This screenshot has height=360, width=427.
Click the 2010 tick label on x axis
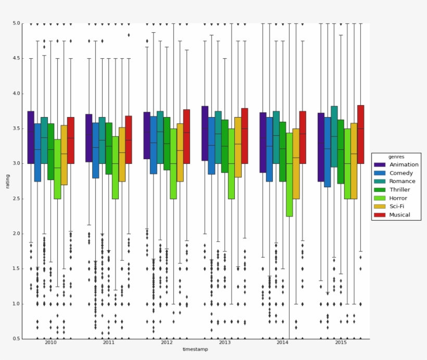pyautogui.click(x=51, y=343)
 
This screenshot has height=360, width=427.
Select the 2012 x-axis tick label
pyautogui.click(x=167, y=343)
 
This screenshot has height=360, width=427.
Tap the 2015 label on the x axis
pyautogui.click(x=341, y=343)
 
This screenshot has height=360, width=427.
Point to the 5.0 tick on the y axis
pyautogui.click(x=16, y=23)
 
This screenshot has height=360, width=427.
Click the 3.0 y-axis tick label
pyautogui.click(x=16, y=163)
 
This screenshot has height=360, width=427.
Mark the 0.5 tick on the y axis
pyautogui.click(x=16, y=339)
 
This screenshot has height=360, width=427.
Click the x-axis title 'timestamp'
pyautogui.click(x=195, y=350)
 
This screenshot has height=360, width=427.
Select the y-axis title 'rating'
pyautogui.click(x=8, y=181)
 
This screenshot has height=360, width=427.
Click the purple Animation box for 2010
pyautogui.click(x=31, y=137)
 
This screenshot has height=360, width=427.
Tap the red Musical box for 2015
pyautogui.click(x=360, y=134)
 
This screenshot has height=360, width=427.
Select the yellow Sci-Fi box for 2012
pyautogui.click(x=180, y=152)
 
